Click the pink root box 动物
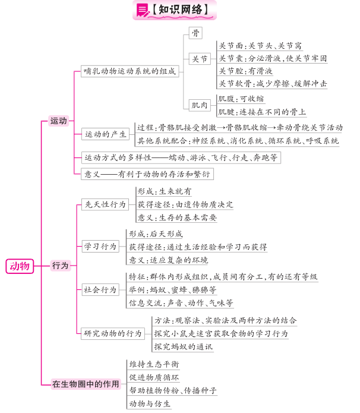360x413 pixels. tap(20, 266)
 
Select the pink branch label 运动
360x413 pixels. tap(58, 121)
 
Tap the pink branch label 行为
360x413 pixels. tap(61, 266)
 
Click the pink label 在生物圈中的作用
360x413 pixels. tap(86, 384)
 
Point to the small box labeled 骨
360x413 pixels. tap(195, 33)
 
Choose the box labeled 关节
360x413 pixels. tap(200, 59)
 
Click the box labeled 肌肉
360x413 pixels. tap(200, 105)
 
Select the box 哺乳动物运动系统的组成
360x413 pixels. tap(130, 71)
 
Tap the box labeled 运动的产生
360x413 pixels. tap(105, 134)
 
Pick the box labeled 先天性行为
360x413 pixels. tap(105, 204)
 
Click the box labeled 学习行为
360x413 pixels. tap(100, 247)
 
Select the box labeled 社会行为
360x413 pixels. tap(100, 290)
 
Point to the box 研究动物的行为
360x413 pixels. tap(113, 333)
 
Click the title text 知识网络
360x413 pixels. tap(181, 10)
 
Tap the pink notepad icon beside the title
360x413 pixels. tap(143, 11)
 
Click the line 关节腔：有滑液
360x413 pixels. tap(245, 71)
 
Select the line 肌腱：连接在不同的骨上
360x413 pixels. tap(262, 112)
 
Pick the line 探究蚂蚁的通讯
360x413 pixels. tap(184, 346)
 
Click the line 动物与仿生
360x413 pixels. tap(150, 403)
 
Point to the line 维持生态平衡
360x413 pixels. tap(154, 364)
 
